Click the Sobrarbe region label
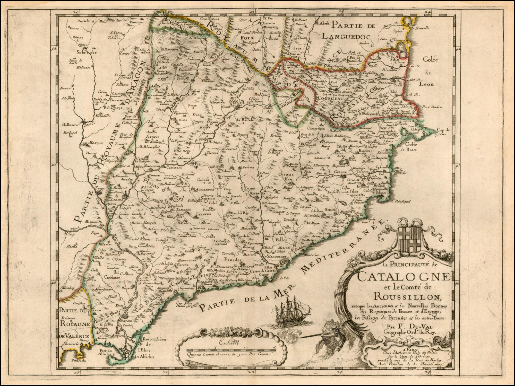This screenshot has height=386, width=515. tap(86, 52)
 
